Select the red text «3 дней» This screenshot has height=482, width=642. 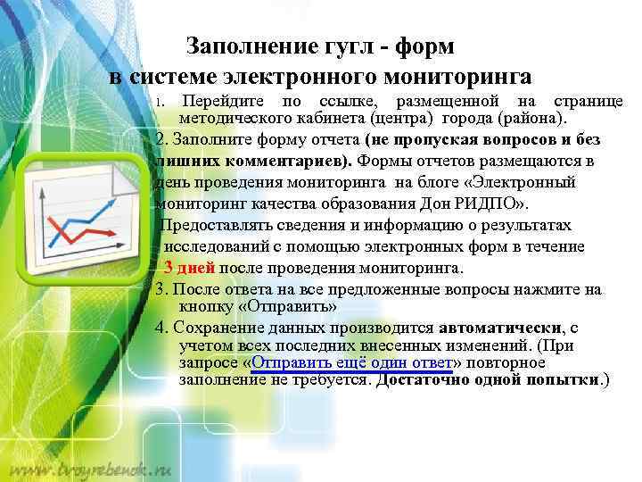tap(190, 268)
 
